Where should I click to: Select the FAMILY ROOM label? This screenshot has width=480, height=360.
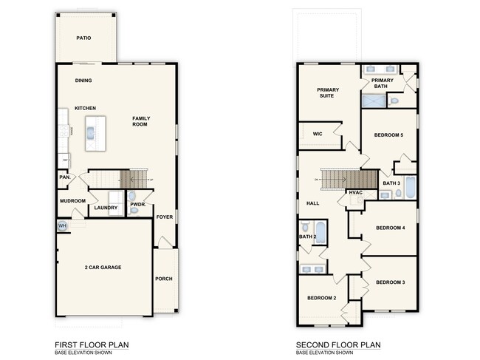pos(140,121)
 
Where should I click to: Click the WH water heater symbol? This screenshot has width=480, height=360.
pos(62,225)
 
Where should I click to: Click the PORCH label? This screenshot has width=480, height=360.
pos(163,279)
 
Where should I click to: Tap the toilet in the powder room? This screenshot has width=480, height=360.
pos(134,211)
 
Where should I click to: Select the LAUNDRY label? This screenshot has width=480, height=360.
pos(106,208)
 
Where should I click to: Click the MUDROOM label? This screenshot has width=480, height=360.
pos(73,201)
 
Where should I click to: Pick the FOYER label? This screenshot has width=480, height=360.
pos(163,217)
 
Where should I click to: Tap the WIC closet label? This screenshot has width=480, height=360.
pos(318,135)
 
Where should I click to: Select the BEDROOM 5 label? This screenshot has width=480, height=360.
pos(388,135)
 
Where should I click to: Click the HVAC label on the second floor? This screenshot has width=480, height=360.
pos(356,194)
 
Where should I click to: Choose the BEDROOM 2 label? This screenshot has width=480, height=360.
pos(322,298)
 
